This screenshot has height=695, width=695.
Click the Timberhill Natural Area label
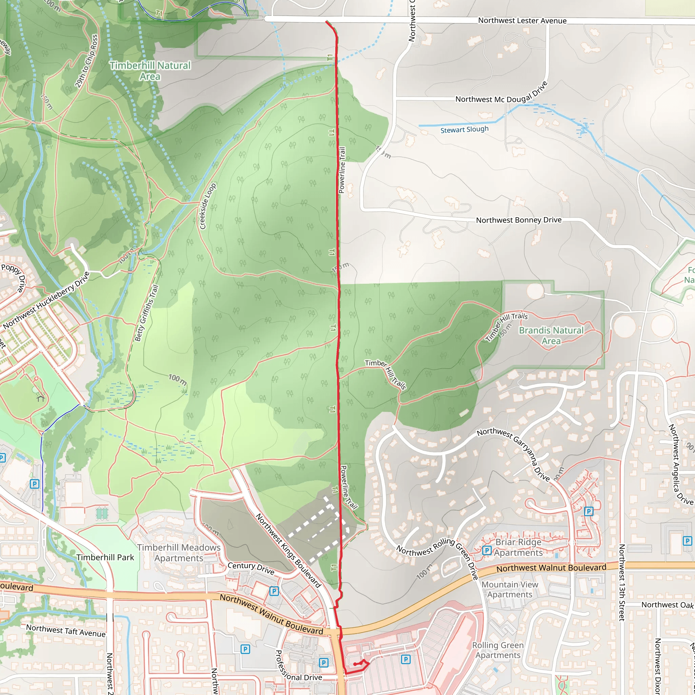150,71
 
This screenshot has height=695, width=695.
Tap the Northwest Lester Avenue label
522,21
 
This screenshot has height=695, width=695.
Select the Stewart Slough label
465,130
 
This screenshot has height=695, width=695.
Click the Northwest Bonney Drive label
519,220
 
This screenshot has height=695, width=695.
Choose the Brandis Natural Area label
551,335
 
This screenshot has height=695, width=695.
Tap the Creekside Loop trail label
208,206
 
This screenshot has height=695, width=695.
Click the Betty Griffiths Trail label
146,313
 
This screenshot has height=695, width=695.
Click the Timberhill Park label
105,557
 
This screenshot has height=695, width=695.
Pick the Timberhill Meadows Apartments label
179,552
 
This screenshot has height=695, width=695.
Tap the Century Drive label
251,568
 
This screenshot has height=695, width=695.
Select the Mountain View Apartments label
510,589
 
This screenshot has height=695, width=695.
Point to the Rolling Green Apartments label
498,650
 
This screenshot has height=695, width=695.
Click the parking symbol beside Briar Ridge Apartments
487,550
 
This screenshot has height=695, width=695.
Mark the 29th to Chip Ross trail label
86,61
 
